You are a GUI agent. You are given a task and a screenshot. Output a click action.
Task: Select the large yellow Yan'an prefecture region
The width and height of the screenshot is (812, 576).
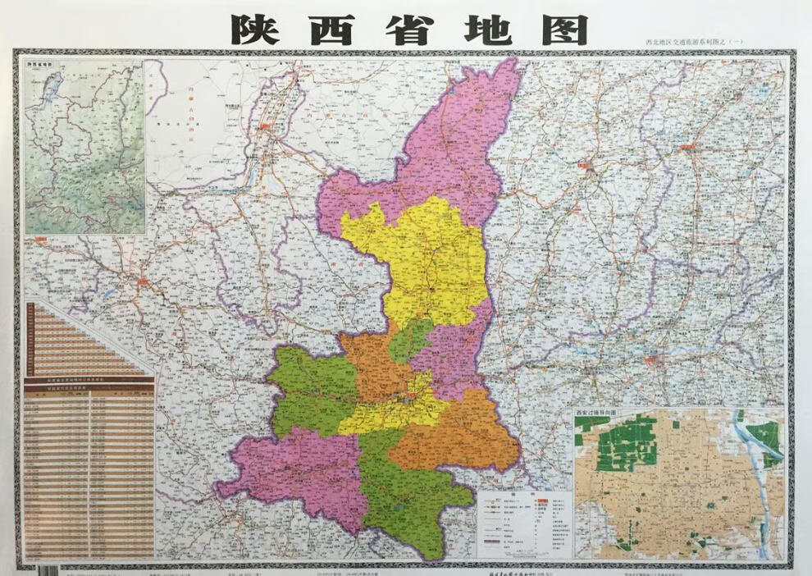[427, 263]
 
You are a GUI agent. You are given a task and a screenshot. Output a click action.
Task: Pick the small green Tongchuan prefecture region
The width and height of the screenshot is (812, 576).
[410, 339]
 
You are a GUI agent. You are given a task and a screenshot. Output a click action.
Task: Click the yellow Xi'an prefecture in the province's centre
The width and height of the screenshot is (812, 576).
[394, 410]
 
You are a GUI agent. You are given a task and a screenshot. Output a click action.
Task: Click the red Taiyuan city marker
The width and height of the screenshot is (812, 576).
[588, 168]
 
